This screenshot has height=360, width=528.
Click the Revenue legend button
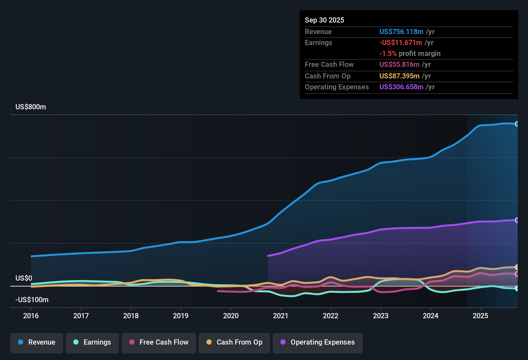37,342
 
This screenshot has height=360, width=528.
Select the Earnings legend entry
92,342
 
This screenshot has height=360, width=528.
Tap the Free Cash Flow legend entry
159,342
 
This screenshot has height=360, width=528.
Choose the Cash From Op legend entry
234,342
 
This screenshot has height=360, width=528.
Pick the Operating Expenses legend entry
318,342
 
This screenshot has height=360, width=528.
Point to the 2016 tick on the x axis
31,316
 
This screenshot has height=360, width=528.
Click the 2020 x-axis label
231,316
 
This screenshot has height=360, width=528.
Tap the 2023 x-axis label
381,316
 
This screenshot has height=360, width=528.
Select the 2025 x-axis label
480,316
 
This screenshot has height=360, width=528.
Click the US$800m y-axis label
31,107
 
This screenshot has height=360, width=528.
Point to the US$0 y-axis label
24,278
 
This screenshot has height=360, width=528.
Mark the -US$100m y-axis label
32,300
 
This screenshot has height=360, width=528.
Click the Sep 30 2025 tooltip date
324,20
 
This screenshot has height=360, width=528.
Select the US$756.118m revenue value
401,32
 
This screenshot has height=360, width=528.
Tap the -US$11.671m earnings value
401,43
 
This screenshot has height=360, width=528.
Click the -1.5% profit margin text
410,54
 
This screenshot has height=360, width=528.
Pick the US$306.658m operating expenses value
401,87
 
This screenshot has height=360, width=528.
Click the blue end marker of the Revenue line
517,124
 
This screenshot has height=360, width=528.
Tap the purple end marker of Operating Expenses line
517,220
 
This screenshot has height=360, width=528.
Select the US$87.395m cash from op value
399,76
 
